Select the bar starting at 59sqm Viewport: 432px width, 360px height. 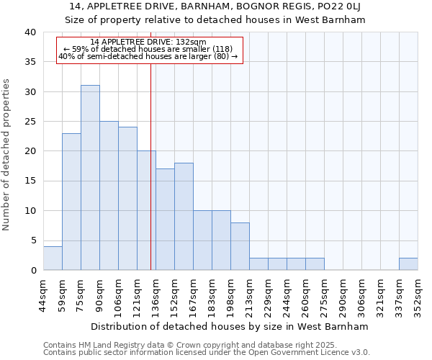pos(71,202)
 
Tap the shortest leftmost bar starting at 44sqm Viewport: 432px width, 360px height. pos(53,258)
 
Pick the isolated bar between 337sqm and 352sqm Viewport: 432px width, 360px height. pos(408,264)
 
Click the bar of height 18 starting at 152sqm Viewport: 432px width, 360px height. pos(184,216)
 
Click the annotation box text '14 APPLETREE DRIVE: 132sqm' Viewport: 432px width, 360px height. pos(149,42)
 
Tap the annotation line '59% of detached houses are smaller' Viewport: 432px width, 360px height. pos(149,49)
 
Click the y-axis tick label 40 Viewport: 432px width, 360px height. pos(30,32)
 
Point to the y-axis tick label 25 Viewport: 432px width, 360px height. pos(30,122)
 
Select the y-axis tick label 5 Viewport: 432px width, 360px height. pos(33,240)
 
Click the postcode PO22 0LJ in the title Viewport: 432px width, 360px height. pos(337,6)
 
